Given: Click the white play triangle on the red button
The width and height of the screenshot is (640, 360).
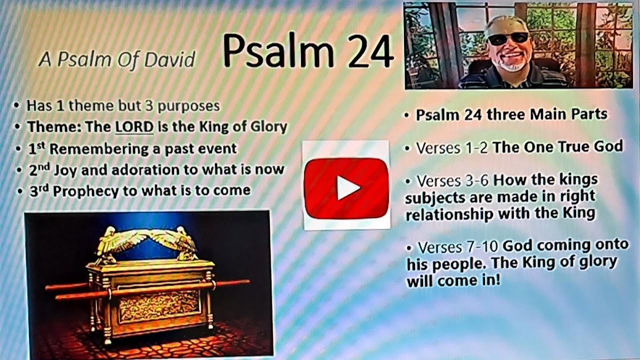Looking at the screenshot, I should pyautogui.click(x=347, y=188).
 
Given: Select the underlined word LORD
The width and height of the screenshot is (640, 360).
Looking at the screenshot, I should pyautogui.click(x=134, y=127).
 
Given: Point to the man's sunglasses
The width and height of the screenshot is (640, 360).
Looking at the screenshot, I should pyautogui.click(x=506, y=39).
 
